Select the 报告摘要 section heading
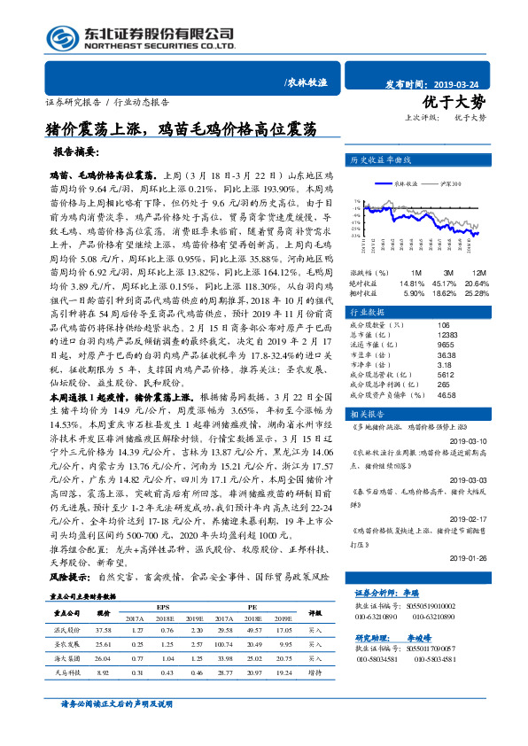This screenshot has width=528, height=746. click(x=83, y=152)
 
